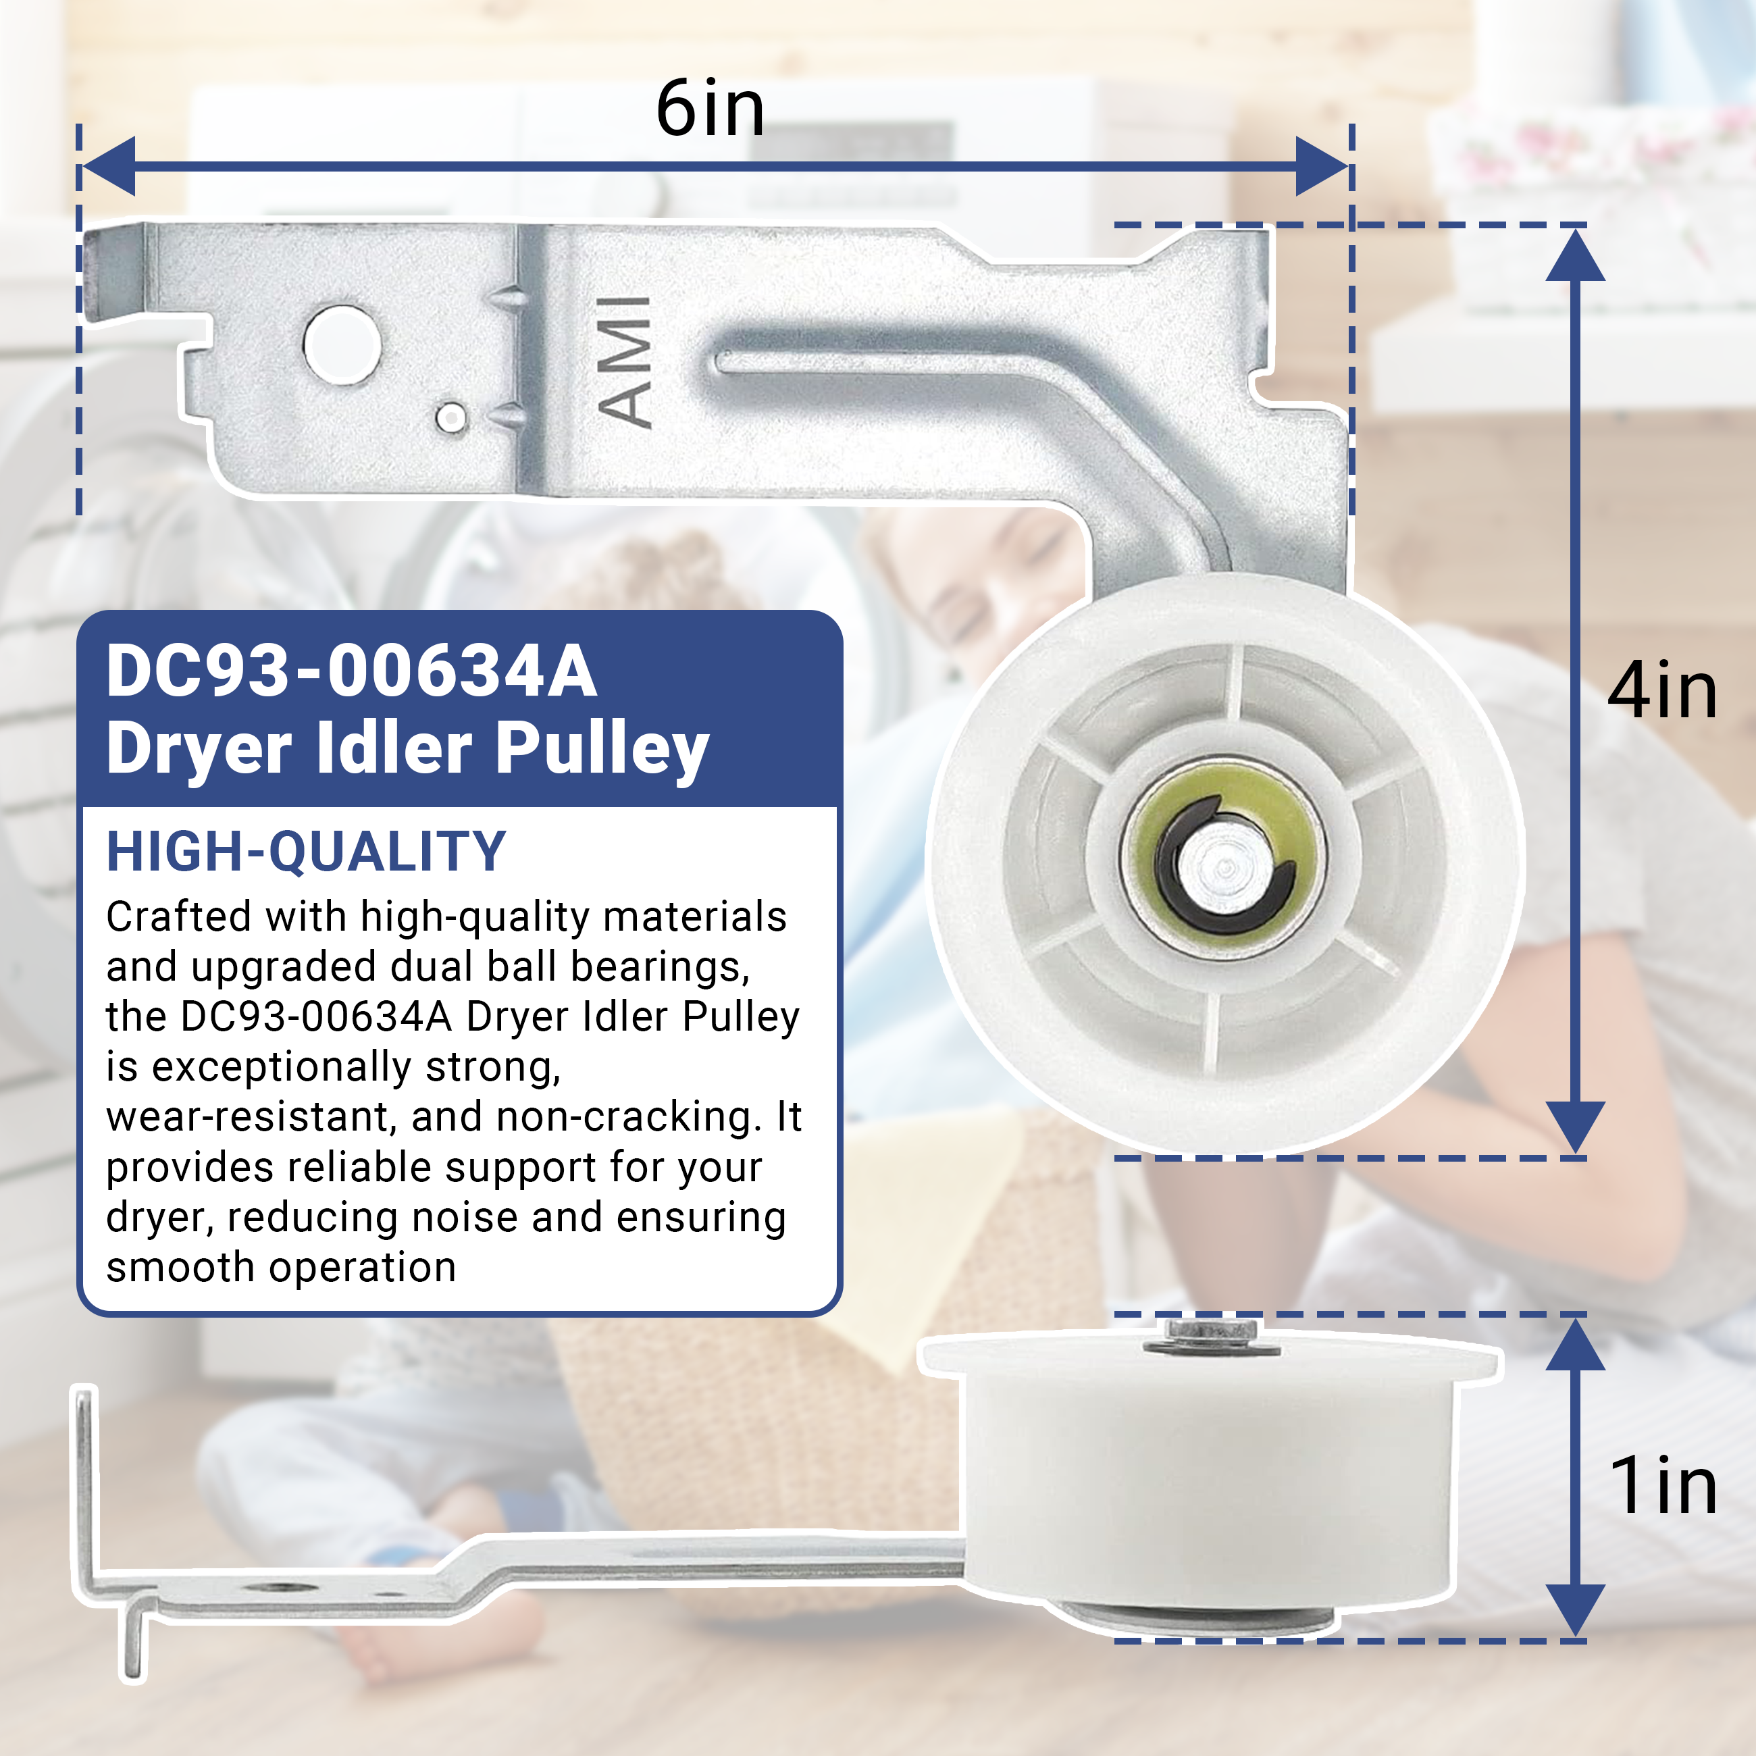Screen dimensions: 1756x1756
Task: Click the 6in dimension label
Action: (x=710, y=109)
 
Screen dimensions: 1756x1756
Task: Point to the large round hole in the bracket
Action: (x=342, y=345)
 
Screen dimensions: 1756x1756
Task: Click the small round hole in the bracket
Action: (x=452, y=418)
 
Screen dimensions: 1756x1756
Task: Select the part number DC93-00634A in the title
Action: (x=352, y=671)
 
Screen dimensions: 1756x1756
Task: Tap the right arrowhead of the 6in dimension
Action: (x=1322, y=166)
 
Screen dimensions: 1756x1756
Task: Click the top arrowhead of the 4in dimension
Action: (x=1575, y=255)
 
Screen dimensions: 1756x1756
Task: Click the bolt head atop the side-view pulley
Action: (x=1212, y=1335)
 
